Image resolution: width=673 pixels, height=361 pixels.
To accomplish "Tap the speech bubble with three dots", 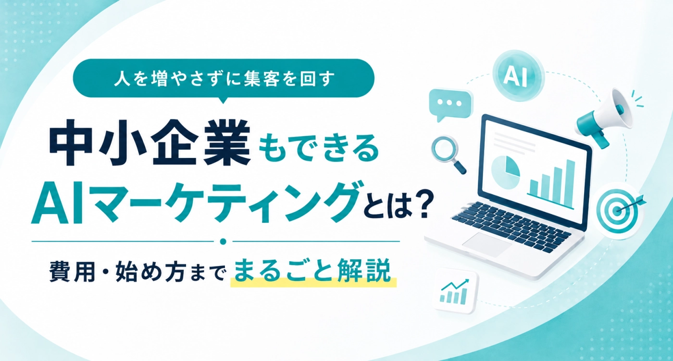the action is coord(450,104).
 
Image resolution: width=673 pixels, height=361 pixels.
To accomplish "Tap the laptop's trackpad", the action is coord(486,244).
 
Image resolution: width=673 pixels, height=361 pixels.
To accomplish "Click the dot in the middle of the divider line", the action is coord(223,241).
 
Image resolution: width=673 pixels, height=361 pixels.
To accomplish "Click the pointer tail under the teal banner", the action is coord(223,100).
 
